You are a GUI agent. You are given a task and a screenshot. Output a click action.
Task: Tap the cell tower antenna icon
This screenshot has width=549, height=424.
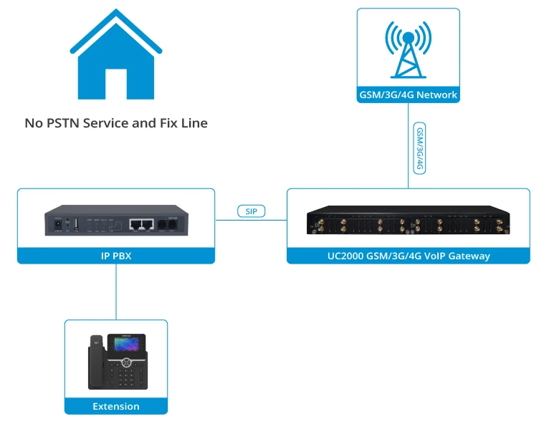pyautogui.click(x=408, y=49)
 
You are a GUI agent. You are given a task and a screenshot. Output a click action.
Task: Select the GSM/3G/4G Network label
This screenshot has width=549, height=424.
pyautogui.click(x=408, y=95)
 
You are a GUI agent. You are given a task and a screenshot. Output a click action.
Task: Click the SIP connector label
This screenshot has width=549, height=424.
pyautogui.click(x=251, y=211)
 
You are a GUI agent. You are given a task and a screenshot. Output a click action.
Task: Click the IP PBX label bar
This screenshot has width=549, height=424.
pyautogui.click(x=116, y=255)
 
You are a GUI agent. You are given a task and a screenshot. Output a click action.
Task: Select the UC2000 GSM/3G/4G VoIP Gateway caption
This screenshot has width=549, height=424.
pyautogui.click(x=408, y=255)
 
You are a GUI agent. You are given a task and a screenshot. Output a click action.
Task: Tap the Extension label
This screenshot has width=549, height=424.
pyautogui.click(x=116, y=406)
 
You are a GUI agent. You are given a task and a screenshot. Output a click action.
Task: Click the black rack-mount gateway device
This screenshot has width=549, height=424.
pyautogui.click(x=408, y=223)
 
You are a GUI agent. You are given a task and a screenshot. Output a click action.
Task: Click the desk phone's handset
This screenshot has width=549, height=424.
pyautogui.click(x=95, y=366)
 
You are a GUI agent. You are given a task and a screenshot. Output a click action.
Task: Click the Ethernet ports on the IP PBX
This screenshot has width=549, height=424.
pyautogui.click(x=141, y=223)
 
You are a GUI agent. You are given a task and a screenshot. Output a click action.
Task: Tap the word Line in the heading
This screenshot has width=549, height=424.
pyautogui.click(x=193, y=123)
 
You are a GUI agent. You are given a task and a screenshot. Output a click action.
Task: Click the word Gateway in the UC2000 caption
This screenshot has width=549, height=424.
pyautogui.click(x=467, y=255)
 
